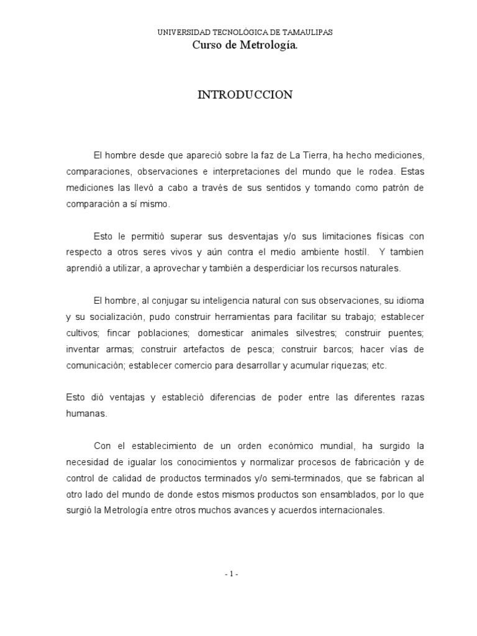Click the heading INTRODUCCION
click(x=245, y=95)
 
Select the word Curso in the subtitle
click(x=206, y=44)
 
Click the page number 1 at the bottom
click(x=231, y=575)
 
